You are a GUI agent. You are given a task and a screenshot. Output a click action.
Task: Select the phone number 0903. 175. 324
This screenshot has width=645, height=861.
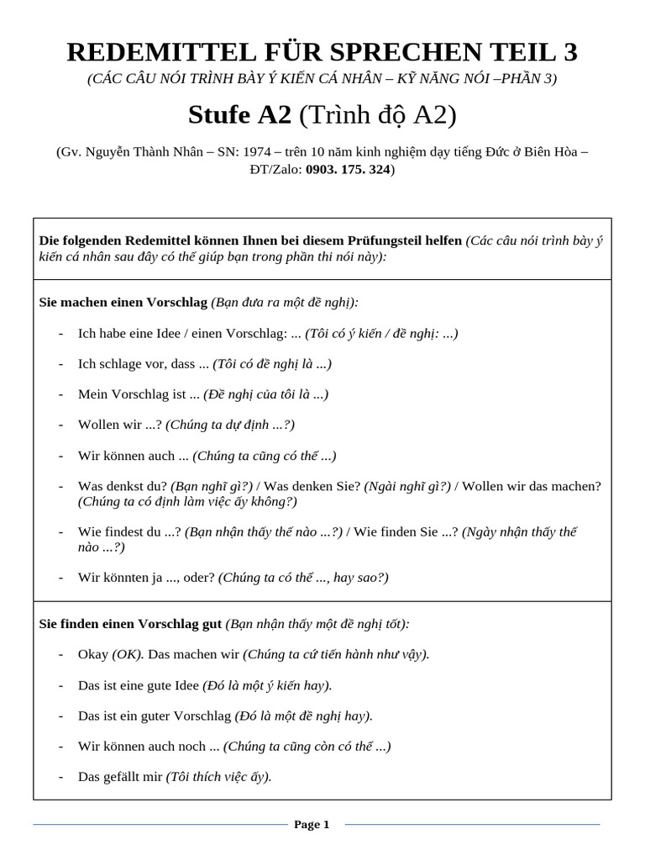coord(349,169)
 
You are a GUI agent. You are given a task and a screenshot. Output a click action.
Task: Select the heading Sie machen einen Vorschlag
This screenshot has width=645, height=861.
coord(123,302)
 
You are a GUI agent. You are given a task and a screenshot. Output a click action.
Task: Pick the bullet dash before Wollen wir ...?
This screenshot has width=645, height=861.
coord(61,425)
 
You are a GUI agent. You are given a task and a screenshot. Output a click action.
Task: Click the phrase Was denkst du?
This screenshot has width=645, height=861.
coord(122,486)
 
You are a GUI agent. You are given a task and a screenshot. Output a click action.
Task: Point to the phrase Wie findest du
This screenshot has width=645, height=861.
coord(121,532)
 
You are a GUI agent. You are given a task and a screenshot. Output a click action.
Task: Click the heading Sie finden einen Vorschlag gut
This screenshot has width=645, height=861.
coord(131,624)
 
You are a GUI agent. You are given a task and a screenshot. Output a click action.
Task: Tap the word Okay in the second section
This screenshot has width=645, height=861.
coord(93,654)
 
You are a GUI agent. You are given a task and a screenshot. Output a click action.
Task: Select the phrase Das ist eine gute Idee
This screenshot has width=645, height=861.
coord(139,685)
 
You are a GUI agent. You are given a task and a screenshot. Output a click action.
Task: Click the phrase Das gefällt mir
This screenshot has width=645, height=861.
coord(120,777)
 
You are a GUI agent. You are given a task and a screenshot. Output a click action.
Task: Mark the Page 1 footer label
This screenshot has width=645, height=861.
coord(312,825)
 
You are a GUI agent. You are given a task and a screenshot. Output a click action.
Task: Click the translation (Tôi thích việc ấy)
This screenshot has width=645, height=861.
coord(219,777)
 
